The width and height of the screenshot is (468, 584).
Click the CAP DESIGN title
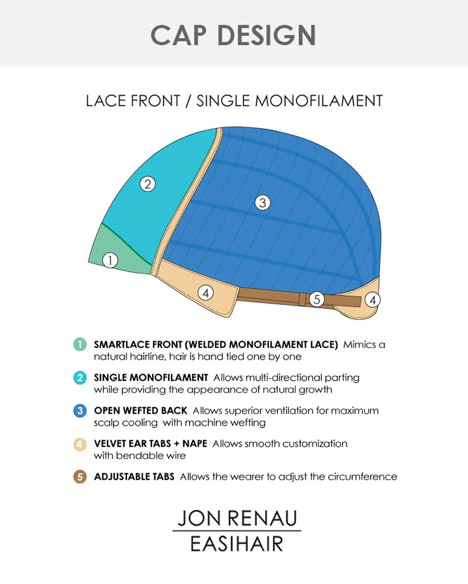tap(233, 35)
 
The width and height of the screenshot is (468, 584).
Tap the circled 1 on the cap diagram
tap(110, 260)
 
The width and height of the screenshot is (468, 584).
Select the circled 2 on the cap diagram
tap(148, 184)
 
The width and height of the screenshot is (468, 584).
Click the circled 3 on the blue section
tap(263, 203)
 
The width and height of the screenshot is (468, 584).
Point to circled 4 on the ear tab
tap(205, 292)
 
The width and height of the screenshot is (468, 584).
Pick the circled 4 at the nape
tap(372, 300)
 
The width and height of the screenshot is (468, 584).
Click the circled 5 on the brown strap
tap(316, 300)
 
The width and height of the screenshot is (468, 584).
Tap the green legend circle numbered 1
tap(81, 345)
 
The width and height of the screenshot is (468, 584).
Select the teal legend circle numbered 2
tap(81, 378)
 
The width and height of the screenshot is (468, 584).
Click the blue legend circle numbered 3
tap(81, 411)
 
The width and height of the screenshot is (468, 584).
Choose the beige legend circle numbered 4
tap(81, 444)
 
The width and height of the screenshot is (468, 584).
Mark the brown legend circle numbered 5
tap(81, 477)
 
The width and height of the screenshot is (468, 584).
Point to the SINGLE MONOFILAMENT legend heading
tap(151, 378)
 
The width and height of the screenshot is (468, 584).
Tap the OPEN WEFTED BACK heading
tap(140, 411)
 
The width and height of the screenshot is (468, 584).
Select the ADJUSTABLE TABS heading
tap(134, 477)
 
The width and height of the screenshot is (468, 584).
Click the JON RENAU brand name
tap(237, 518)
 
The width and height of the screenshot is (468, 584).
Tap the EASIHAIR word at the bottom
tap(237, 544)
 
